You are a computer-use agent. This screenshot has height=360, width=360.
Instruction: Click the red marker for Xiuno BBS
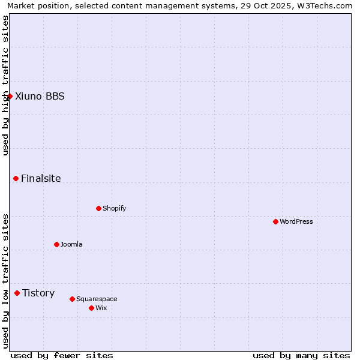point(10,96)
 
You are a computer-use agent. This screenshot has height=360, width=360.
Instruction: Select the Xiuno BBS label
point(40,96)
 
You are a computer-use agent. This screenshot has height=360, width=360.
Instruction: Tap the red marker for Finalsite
point(16,178)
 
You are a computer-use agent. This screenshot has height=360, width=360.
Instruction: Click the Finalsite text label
point(41,178)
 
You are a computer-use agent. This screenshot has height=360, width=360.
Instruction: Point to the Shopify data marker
point(98,208)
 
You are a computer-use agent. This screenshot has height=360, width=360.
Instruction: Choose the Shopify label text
point(114,208)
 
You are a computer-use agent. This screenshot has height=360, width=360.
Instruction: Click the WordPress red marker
point(275,221)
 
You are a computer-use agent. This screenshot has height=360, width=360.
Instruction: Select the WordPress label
point(296,221)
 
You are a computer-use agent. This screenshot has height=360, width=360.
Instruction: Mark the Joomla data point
point(56,244)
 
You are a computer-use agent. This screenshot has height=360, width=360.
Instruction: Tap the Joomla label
point(71,244)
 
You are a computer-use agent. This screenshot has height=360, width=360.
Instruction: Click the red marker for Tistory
point(17,293)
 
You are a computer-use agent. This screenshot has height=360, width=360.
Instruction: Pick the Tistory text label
point(38,293)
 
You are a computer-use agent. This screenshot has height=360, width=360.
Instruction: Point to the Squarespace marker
point(72,299)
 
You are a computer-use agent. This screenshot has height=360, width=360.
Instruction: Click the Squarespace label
point(97,299)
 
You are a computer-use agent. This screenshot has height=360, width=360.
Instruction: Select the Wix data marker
point(91,308)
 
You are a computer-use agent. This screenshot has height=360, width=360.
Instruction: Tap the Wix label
point(101,308)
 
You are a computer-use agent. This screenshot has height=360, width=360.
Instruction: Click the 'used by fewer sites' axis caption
point(62,355)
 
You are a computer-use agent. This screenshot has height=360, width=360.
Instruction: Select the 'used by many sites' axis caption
point(301,355)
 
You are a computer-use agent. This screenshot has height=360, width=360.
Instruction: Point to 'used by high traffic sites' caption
point(5,85)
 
